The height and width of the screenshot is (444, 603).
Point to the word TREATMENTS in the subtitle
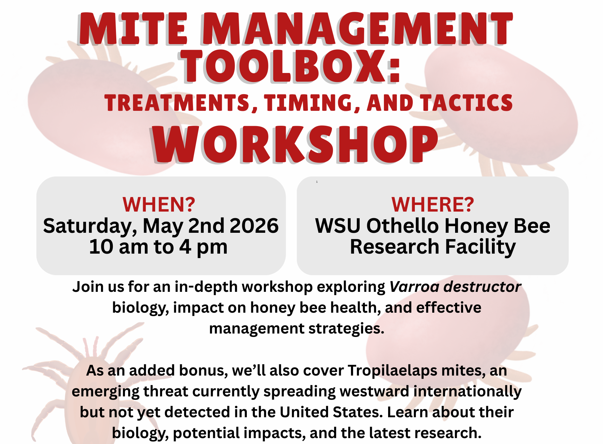coord(177,103)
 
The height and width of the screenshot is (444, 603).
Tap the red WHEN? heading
coord(159,204)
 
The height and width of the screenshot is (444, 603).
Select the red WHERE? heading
coord(433,204)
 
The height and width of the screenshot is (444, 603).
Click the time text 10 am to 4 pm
coord(158,247)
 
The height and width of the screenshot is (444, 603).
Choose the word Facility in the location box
coord(480,247)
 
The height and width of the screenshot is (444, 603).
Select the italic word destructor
coord(483,287)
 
